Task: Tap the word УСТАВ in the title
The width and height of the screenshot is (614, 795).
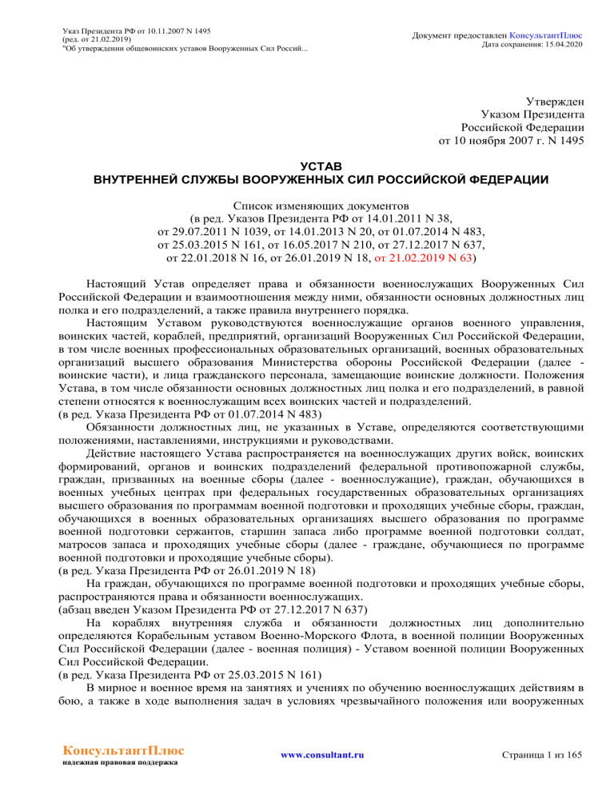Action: pyautogui.click(x=307, y=165)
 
